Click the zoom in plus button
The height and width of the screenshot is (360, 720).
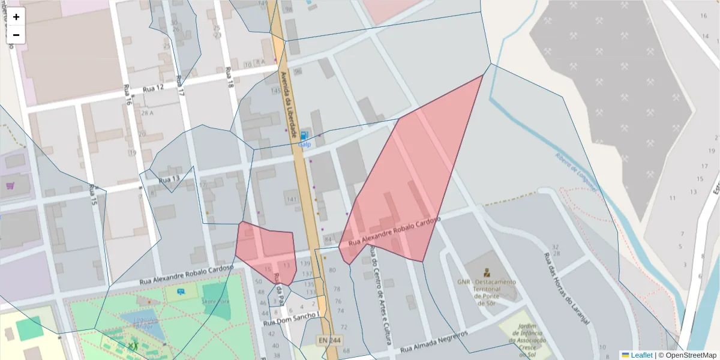(x=16, y=17)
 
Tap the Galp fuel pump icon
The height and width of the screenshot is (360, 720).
(x=305, y=136)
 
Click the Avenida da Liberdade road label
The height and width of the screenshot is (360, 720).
(x=289, y=105)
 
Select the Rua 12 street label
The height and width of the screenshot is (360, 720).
(x=153, y=89)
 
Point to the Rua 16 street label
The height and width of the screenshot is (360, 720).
(x=127, y=95)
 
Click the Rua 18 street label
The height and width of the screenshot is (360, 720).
(x=229, y=78)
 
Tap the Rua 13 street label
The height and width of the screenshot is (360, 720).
(x=169, y=179)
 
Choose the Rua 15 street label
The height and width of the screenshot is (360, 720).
(x=93, y=196)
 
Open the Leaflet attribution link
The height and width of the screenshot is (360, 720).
(x=641, y=355)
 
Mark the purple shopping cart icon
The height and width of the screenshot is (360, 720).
(x=10, y=185)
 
